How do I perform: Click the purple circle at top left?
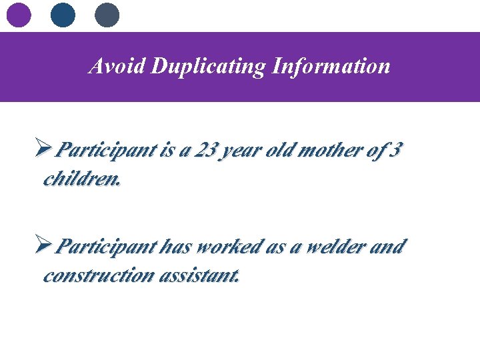pos(19,15)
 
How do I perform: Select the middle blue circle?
pos(63,15)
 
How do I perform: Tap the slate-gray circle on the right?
pos(107,15)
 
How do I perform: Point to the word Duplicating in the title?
pos(208,66)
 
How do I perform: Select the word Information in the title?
pos(331,66)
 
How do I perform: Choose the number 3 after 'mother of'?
pos(395,151)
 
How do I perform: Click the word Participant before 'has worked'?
pos(106,247)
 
